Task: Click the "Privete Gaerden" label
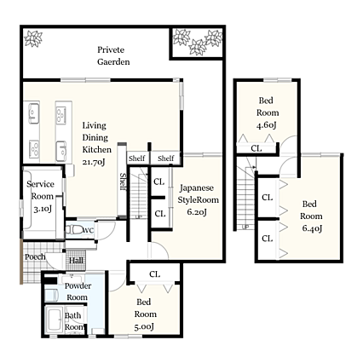(113, 55)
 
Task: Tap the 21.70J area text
(94, 162)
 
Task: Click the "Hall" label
(76, 260)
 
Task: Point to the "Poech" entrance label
(35, 256)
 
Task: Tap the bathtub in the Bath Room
(55, 320)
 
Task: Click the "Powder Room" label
(78, 291)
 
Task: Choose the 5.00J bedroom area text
(144, 326)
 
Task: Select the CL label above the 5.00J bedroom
(155, 274)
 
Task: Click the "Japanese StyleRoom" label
(198, 193)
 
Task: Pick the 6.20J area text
(197, 212)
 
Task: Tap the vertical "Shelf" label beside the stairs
(123, 181)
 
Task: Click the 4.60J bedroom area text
(267, 125)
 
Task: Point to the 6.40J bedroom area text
(312, 228)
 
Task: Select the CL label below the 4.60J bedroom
(256, 148)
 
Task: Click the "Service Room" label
(41, 190)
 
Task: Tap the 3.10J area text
(43, 210)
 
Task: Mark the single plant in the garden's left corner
(33, 38)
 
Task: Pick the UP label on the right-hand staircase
(245, 227)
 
